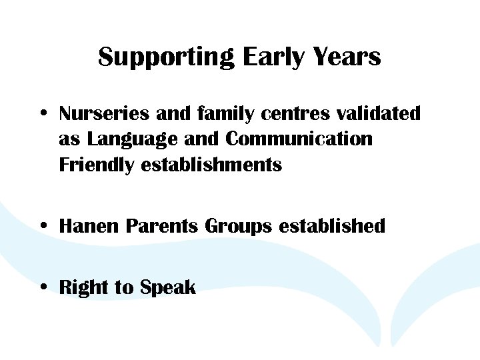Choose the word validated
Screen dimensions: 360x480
point(378,114)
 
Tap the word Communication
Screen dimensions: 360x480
point(299,139)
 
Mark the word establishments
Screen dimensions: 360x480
point(211,165)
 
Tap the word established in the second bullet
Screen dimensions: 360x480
point(332,227)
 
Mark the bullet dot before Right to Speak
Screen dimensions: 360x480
point(42,288)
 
